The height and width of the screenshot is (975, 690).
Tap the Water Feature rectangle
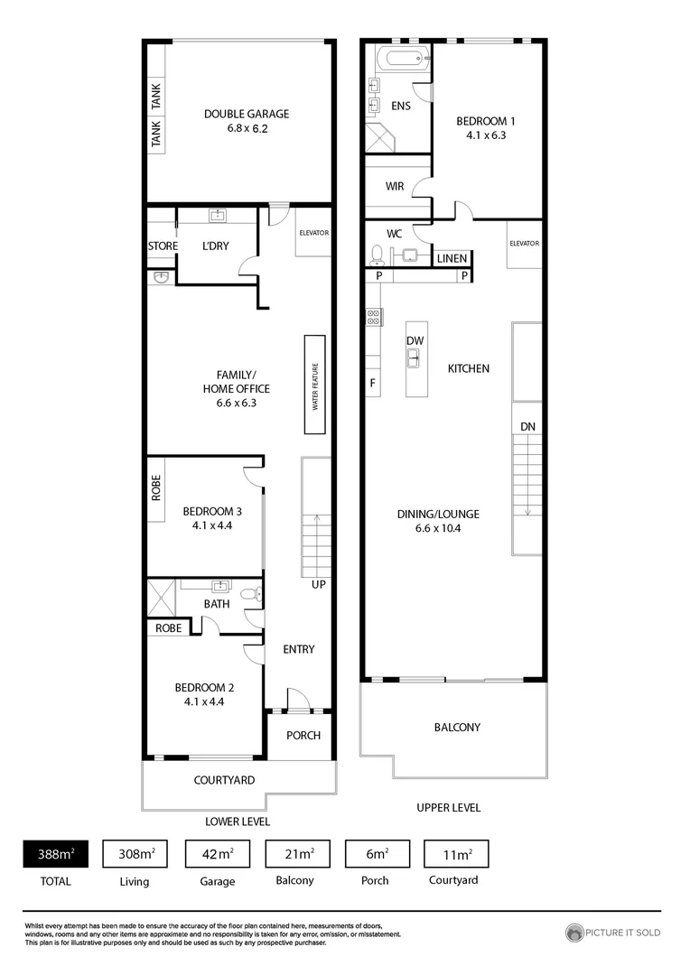pyautogui.click(x=315, y=386)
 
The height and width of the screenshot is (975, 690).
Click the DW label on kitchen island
pyautogui.click(x=415, y=340)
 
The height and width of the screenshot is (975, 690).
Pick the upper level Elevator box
pyautogui.click(x=524, y=244)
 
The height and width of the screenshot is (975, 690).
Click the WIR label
pyautogui.click(x=395, y=187)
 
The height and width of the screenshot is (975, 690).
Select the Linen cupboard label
pyautogui.click(x=452, y=259)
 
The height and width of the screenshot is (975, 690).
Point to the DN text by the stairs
pyautogui.click(x=527, y=426)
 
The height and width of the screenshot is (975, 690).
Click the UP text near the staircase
pyautogui.click(x=318, y=584)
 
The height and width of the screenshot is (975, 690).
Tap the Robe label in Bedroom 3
pyautogui.click(x=156, y=488)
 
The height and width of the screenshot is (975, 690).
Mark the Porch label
pyautogui.click(x=303, y=735)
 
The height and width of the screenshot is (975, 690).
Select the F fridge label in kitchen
pyautogui.click(x=372, y=383)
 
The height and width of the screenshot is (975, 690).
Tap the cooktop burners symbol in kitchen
pyautogui.click(x=372, y=317)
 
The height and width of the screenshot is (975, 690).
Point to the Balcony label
pyautogui.click(x=457, y=727)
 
